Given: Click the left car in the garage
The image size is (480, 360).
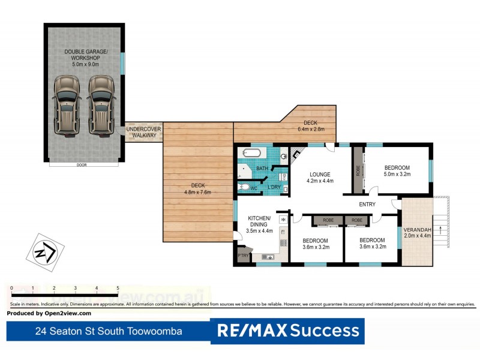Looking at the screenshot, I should (x=66, y=104).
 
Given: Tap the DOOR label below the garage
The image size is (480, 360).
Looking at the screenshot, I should (x=80, y=165).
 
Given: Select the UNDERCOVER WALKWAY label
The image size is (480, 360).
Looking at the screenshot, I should (x=142, y=132).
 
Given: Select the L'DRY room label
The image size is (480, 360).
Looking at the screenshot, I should (x=274, y=188).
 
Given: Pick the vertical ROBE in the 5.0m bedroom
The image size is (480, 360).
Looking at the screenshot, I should (x=358, y=170).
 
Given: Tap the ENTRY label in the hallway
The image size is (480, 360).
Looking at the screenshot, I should (x=367, y=205).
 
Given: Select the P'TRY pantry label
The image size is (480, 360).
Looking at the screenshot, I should (x=243, y=256).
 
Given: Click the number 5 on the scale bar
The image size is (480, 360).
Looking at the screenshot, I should (x=118, y=288).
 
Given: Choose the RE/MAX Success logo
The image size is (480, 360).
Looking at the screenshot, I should (x=287, y=331).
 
